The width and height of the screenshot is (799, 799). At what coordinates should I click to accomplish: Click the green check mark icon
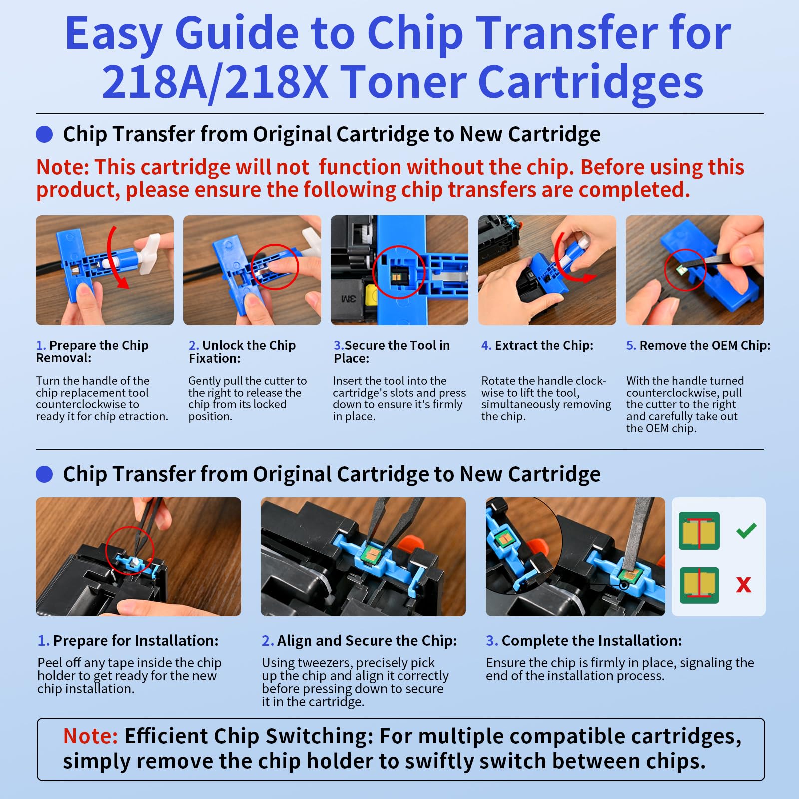[x=746, y=530]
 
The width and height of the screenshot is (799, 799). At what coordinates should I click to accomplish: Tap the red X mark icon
[x=744, y=585]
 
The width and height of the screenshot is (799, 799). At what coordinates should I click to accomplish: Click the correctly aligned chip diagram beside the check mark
[x=699, y=531]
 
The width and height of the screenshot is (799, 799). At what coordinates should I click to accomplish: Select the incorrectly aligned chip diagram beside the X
[x=699, y=585]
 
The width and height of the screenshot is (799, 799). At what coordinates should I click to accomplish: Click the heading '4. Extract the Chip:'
[x=537, y=345]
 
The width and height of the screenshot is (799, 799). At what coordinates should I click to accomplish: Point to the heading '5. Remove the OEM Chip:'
[x=698, y=345]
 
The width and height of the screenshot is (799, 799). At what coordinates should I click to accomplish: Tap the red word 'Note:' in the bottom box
[x=90, y=736]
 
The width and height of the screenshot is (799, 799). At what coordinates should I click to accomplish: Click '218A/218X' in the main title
[x=215, y=82]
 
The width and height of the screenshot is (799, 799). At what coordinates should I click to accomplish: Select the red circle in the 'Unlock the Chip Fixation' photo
[x=274, y=266]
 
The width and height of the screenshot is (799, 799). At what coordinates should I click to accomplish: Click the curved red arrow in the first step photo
[x=114, y=260]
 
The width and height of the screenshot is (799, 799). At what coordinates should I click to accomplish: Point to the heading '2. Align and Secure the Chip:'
[x=359, y=641]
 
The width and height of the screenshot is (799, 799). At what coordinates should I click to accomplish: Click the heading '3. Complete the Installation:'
[x=584, y=641]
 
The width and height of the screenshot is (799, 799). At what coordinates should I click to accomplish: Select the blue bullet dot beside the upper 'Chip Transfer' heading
[x=45, y=134]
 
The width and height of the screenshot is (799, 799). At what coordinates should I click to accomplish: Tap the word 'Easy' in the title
[x=113, y=34]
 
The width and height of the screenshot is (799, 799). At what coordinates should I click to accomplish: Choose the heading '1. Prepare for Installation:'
[x=128, y=641]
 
